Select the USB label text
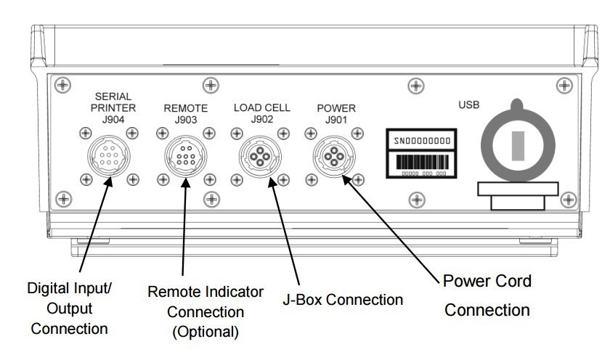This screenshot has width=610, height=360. pos(469,105)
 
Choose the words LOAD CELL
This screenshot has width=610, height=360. pos(261,107)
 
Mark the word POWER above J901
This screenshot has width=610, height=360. pos(337,108)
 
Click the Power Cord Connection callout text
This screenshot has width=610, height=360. pos(487,295)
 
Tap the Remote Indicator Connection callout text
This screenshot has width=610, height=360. pos(206,301)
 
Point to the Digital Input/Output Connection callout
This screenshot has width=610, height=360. pos(70,308)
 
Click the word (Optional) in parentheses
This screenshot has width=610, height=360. pos(205,332)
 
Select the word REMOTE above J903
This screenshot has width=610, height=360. pos(185,107)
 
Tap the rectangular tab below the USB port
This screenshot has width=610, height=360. pos(518,195)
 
